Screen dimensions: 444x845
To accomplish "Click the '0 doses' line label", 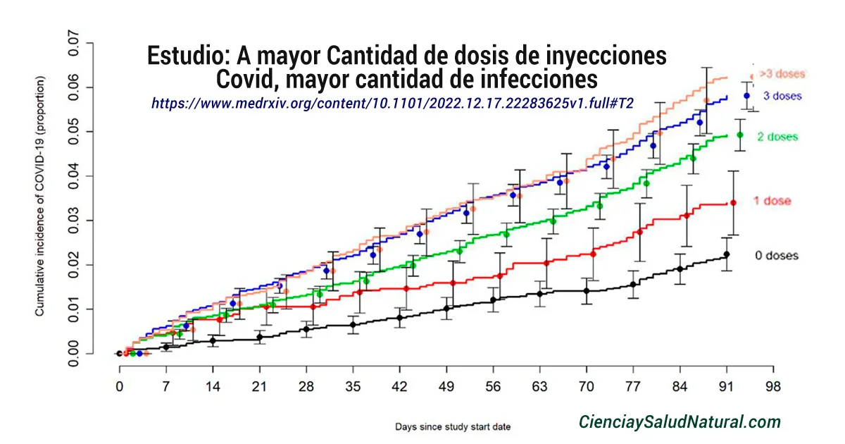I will [x=777, y=256].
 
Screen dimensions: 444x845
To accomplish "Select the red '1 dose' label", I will [x=772, y=202].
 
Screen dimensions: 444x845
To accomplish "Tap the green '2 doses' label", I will [x=777, y=137].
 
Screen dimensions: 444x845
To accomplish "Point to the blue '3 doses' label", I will [x=782, y=96].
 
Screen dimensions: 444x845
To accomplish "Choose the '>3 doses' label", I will [x=782, y=73].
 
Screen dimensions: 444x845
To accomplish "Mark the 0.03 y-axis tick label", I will [x=73, y=221].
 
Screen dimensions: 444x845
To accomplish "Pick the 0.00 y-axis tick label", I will [x=73, y=353].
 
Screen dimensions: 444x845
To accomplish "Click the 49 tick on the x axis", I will [x=446, y=387].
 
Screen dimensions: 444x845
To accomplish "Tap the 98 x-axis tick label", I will [x=773, y=387].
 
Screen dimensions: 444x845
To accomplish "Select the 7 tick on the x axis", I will [x=166, y=387].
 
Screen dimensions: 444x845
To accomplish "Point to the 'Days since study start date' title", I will [x=453, y=426].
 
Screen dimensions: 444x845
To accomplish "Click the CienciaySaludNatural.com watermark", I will [x=680, y=422].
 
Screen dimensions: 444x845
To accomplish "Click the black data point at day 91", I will [x=727, y=254].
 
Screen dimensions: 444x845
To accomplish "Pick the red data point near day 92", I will [x=733, y=203].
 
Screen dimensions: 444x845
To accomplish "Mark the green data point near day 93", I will [x=739, y=135].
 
